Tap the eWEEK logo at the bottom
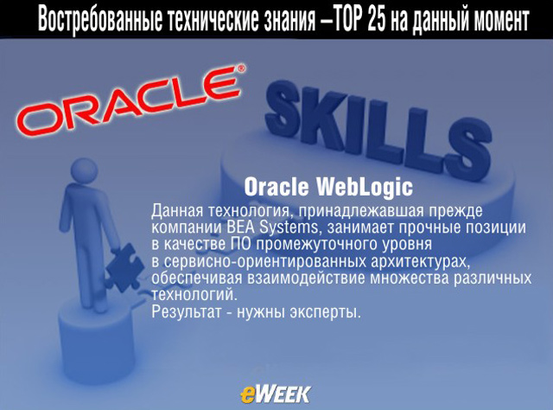point(276,394)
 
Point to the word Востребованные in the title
point(100,20)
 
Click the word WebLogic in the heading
point(365,187)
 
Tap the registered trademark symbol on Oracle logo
point(241,67)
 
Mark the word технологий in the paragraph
point(194,295)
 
